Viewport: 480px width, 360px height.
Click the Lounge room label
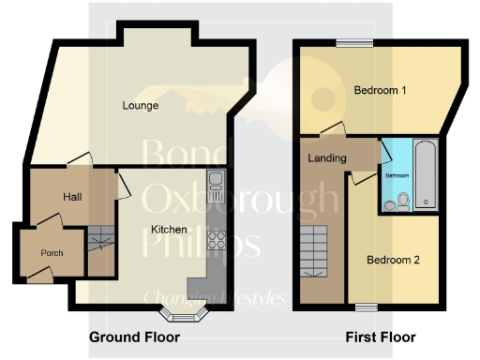tap(140, 106)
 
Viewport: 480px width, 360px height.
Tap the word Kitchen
tap(170, 229)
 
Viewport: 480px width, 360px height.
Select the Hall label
tap(73, 197)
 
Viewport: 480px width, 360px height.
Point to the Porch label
tap(52, 253)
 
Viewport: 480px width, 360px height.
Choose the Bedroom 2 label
tap(393, 260)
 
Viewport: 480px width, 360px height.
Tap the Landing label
tap(327, 157)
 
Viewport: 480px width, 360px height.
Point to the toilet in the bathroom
tap(402, 201)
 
